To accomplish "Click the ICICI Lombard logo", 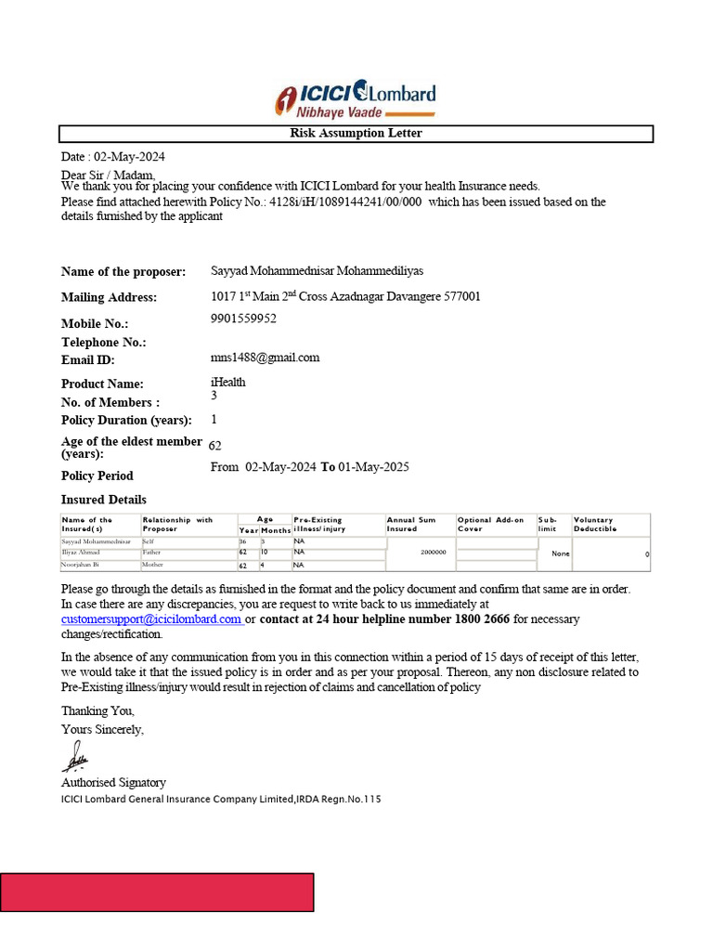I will point(356,99).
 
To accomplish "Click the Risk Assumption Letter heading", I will point(356,134).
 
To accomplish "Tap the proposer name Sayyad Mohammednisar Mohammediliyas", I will point(317,271).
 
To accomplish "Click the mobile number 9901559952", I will point(243,319).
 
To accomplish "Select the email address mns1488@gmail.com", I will point(265,358).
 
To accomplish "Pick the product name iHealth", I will point(228,382).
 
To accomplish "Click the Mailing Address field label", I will point(109,298).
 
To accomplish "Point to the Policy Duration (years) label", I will point(126,420).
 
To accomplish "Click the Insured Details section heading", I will point(103,500).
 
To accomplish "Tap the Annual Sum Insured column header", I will point(411,525).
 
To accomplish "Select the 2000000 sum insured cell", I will point(433,552).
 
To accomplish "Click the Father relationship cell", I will point(152,552).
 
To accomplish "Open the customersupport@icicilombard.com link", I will point(152,619).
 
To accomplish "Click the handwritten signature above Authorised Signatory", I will point(75,757).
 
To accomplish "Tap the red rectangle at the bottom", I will point(157,892).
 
